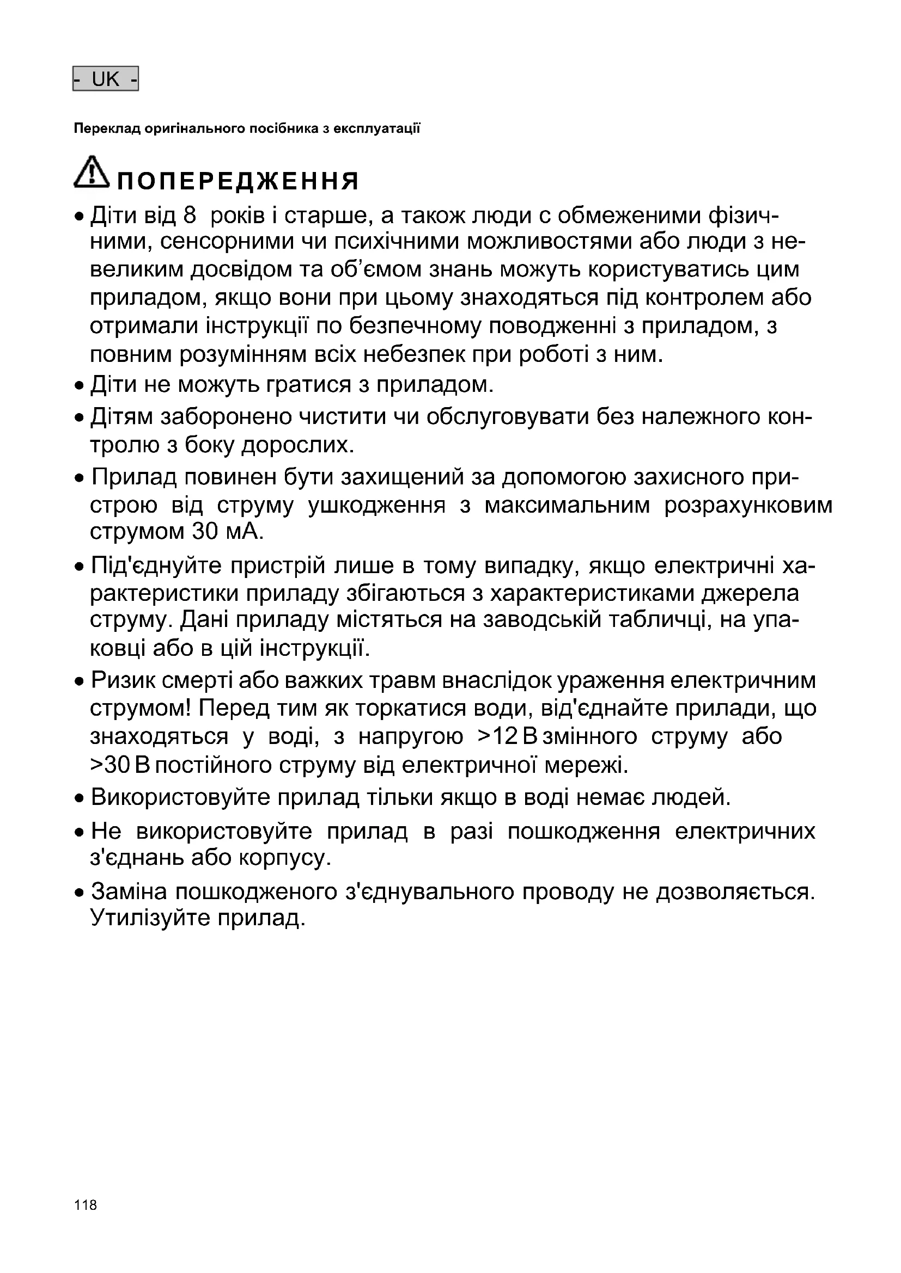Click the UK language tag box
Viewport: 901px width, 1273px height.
pyautogui.click(x=106, y=79)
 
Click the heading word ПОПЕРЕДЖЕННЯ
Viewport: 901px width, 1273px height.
pyautogui.click(x=239, y=181)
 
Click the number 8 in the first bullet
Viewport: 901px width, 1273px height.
pyautogui.click(x=189, y=216)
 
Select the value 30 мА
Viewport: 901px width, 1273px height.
pyautogui.click(x=226, y=532)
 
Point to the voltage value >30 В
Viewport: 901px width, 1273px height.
pyautogui.click(x=120, y=766)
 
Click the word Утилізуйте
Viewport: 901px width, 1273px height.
pyautogui.click(x=150, y=919)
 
